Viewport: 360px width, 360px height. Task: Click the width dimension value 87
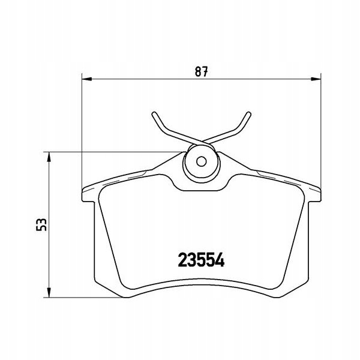point(202,71)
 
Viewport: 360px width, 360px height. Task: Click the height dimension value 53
point(41,224)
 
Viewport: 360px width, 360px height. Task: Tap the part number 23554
point(202,260)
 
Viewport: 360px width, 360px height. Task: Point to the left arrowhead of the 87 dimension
point(87,79)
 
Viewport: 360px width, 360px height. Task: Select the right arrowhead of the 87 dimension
point(316,79)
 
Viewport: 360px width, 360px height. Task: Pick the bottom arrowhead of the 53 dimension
point(49,293)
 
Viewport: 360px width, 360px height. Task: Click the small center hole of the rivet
point(202,161)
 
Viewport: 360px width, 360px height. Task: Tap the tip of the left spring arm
point(154,113)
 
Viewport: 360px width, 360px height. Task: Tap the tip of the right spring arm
point(249,113)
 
